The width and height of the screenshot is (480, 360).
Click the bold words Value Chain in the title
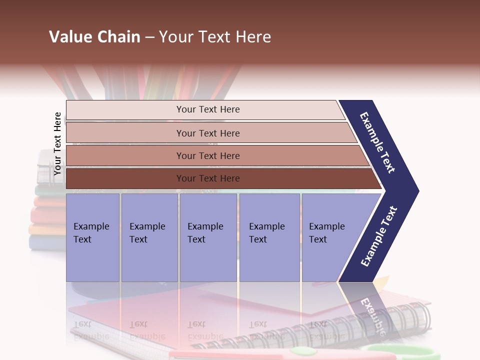tap(94, 37)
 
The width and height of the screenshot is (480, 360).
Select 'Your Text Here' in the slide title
tap(215, 37)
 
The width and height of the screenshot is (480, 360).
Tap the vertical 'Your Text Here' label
tap(57, 143)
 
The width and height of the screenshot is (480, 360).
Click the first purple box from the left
tap(92, 237)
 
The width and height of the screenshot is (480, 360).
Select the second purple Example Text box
tap(149, 237)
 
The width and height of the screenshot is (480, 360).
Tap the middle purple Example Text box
tap(208, 237)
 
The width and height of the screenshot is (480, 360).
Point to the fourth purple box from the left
tap(269, 237)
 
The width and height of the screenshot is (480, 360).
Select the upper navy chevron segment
tap(377, 142)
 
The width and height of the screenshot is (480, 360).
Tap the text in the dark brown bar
tap(208, 178)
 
